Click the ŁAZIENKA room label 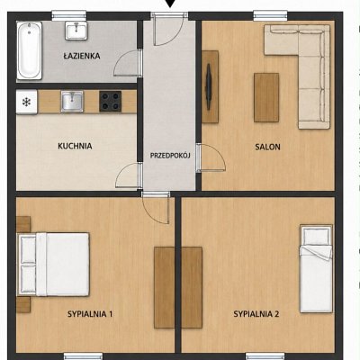82,56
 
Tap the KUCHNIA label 75,146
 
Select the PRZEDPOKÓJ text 170,156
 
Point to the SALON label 267,147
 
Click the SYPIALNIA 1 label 90,314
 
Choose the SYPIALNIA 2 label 256,314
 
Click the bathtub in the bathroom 29,50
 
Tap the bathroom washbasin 76,31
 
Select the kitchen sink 72,102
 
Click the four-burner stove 111,102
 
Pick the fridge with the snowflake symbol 27,102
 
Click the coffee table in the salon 266,97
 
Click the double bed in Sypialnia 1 53,265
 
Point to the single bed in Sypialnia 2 317,268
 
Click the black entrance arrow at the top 170,4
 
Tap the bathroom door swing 128,63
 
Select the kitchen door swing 129,175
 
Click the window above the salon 271,15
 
